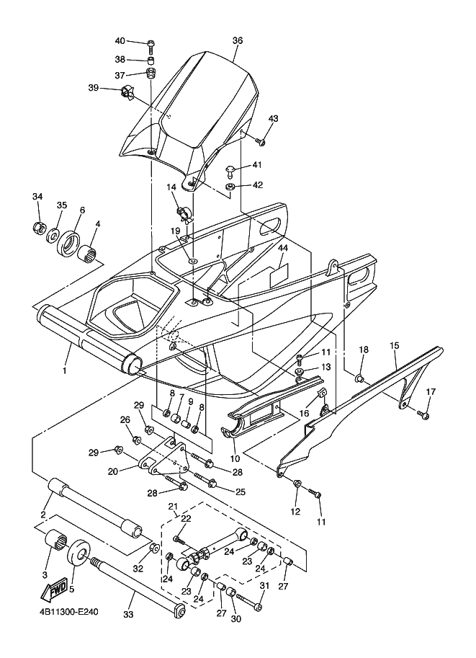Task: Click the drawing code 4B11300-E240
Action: (x=66, y=612)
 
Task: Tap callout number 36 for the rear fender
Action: (x=238, y=40)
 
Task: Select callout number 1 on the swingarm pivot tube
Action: (x=65, y=370)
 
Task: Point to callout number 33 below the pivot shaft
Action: (x=128, y=614)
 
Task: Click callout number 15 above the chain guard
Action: (x=394, y=346)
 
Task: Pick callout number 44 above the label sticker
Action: (x=283, y=248)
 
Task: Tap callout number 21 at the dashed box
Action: (x=172, y=507)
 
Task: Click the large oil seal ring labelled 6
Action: (x=69, y=241)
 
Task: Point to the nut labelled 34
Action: (x=39, y=228)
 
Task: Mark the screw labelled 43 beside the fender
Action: (x=261, y=143)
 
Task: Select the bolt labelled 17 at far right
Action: (x=423, y=415)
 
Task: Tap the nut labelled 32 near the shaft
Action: (x=153, y=547)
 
